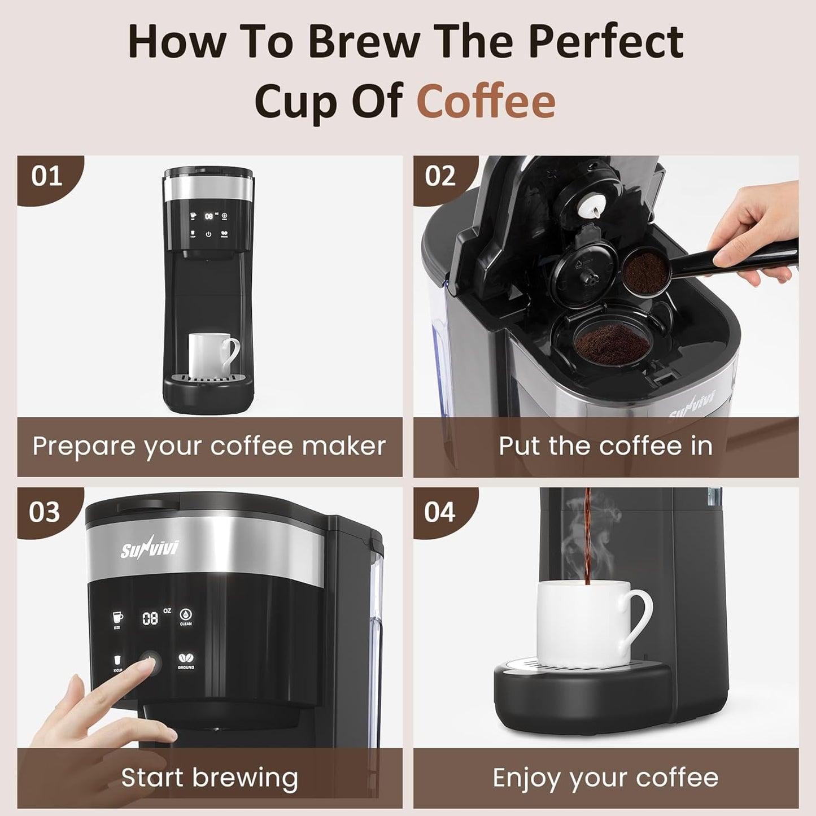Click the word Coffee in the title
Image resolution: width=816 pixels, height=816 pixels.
tap(486, 101)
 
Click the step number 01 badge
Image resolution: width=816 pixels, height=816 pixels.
tap(46, 177)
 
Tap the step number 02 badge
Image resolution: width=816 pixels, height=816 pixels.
tap(440, 177)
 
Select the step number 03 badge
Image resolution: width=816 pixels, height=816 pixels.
tap(44, 512)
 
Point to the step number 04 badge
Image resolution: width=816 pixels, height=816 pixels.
tap(439, 512)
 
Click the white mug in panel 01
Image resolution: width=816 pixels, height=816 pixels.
tap(209, 354)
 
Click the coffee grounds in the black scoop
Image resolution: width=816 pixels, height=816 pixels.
tap(645, 270)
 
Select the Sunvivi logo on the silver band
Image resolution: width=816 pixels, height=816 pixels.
tap(149, 548)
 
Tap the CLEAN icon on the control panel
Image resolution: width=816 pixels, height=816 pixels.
tap(186, 615)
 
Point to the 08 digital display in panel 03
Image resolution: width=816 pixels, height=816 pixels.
tap(150, 618)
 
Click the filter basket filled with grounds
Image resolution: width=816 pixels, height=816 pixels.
tap(609, 342)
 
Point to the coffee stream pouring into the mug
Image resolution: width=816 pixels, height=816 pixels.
tap(587, 542)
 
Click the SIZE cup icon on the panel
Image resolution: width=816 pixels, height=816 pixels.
tap(117, 617)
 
